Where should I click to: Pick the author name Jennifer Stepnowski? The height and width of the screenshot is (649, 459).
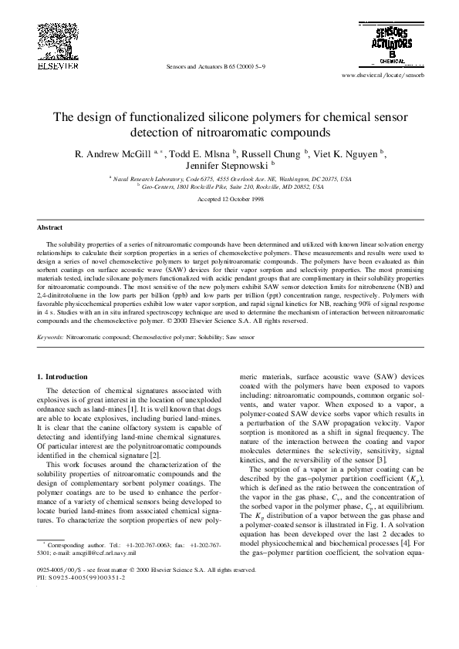coord(226,165)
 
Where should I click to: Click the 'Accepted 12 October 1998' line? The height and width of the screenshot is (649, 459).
coord(229,199)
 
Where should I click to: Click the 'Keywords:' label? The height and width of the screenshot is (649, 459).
coord(50,338)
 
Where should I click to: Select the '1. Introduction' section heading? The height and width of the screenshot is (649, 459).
coord(62,376)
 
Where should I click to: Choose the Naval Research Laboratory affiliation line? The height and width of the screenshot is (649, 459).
coord(229,178)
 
